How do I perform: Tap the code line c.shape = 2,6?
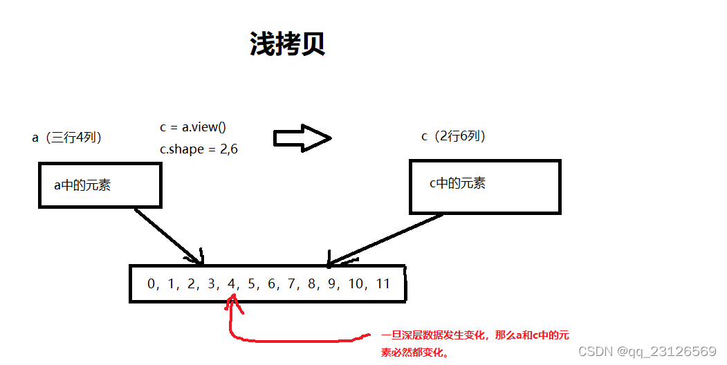199,149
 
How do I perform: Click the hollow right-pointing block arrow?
302,138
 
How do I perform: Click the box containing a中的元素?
100,185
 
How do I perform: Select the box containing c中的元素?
485,187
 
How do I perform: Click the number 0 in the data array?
151,283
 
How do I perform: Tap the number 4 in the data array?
232,283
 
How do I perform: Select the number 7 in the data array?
292,283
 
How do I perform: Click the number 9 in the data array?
332,283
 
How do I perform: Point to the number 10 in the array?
356,283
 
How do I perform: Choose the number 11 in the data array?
383,283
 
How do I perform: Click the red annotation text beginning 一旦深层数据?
475,343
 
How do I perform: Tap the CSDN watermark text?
646,351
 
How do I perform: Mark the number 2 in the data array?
192,283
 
